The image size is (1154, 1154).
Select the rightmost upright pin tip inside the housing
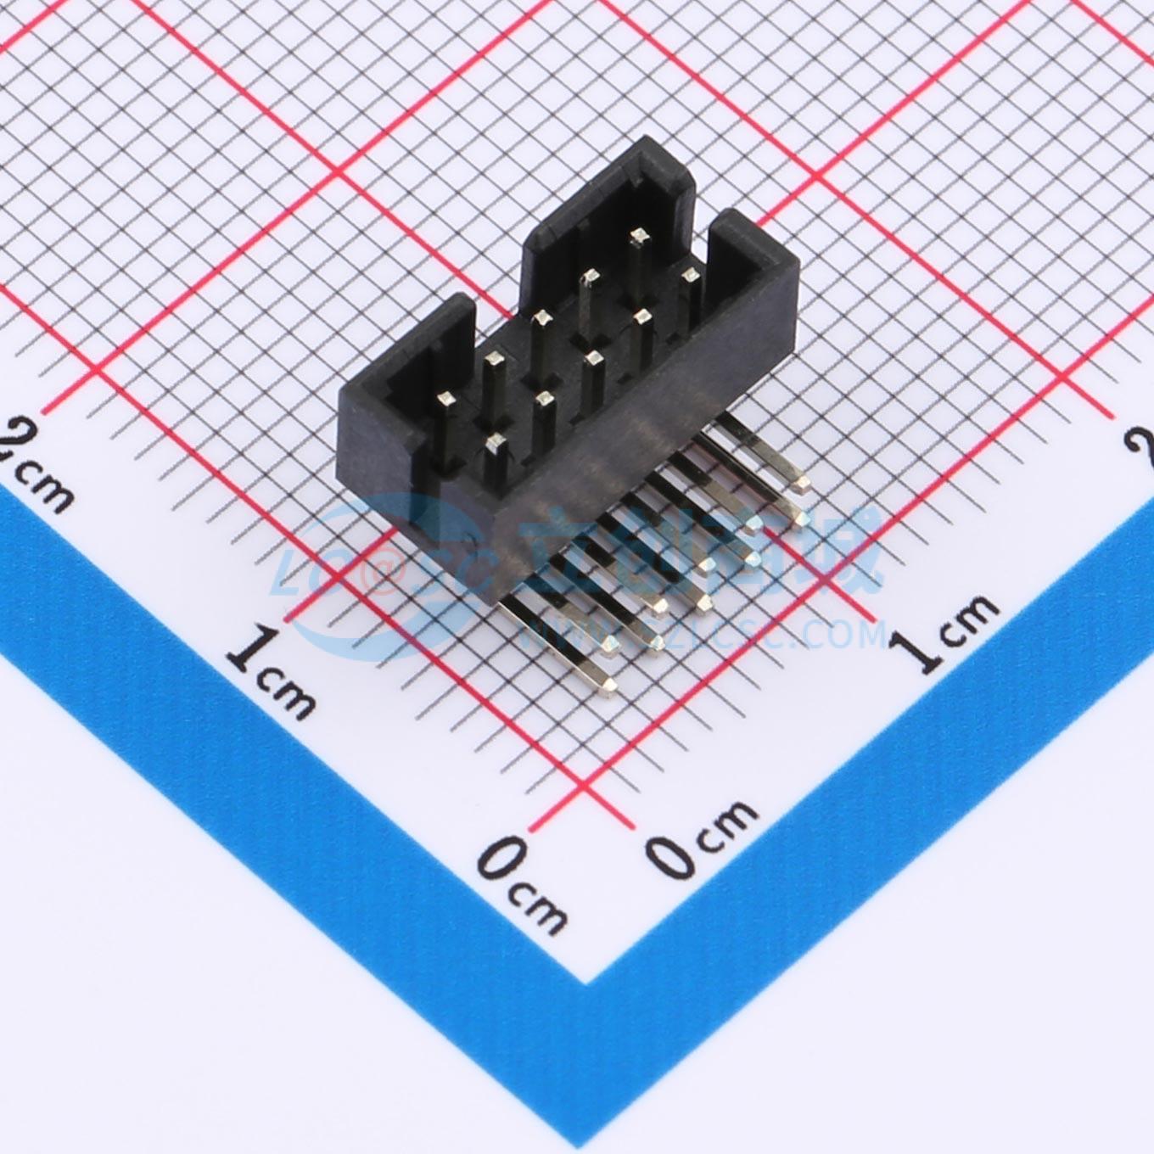691,274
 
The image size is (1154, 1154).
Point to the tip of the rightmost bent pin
801,484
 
